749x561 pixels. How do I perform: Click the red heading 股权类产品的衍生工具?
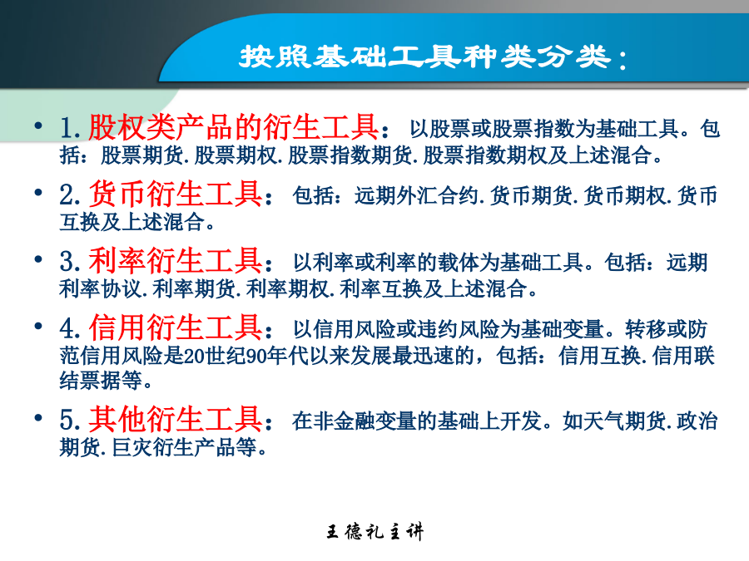tap(234, 127)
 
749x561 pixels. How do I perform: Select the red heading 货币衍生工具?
tap(176, 194)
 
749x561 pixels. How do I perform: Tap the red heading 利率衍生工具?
tap(176, 261)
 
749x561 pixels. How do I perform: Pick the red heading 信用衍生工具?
tap(176, 327)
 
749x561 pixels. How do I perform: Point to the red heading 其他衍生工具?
tap(176, 420)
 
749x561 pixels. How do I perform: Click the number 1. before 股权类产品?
tap(70, 128)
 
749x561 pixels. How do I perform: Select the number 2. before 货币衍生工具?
tap(70, 195)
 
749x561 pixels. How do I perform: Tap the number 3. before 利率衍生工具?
tap(70, 262)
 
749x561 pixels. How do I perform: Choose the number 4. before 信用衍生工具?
tap(70, 328)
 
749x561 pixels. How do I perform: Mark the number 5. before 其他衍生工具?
tap(70, 421)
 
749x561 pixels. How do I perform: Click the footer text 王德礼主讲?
tap(375, 531)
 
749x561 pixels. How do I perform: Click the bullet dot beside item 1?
tap(38, 125)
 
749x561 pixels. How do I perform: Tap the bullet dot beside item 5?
tap(38, 418)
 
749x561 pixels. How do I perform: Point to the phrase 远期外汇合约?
tap(415, 195)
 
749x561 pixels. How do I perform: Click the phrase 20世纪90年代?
tap(246, 356)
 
